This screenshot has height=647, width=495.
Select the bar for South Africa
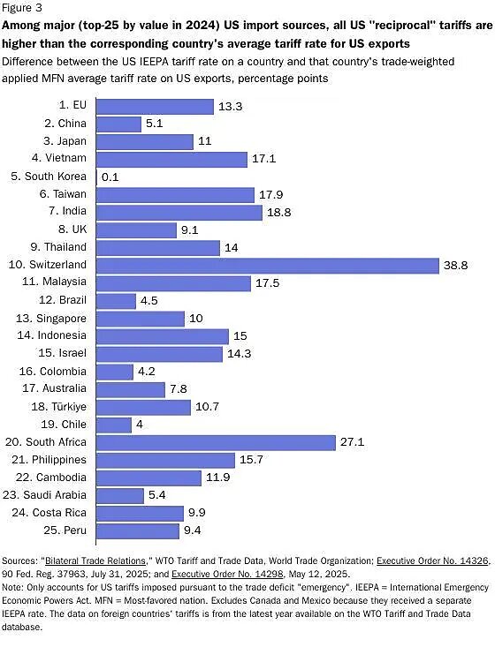tap(215, 442)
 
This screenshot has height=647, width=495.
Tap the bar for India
tap(179, 212)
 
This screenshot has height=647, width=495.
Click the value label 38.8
tap(457, 265)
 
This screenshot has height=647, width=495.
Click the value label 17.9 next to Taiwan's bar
tap(274, 194)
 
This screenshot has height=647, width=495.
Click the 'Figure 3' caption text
tap(22, 7)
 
